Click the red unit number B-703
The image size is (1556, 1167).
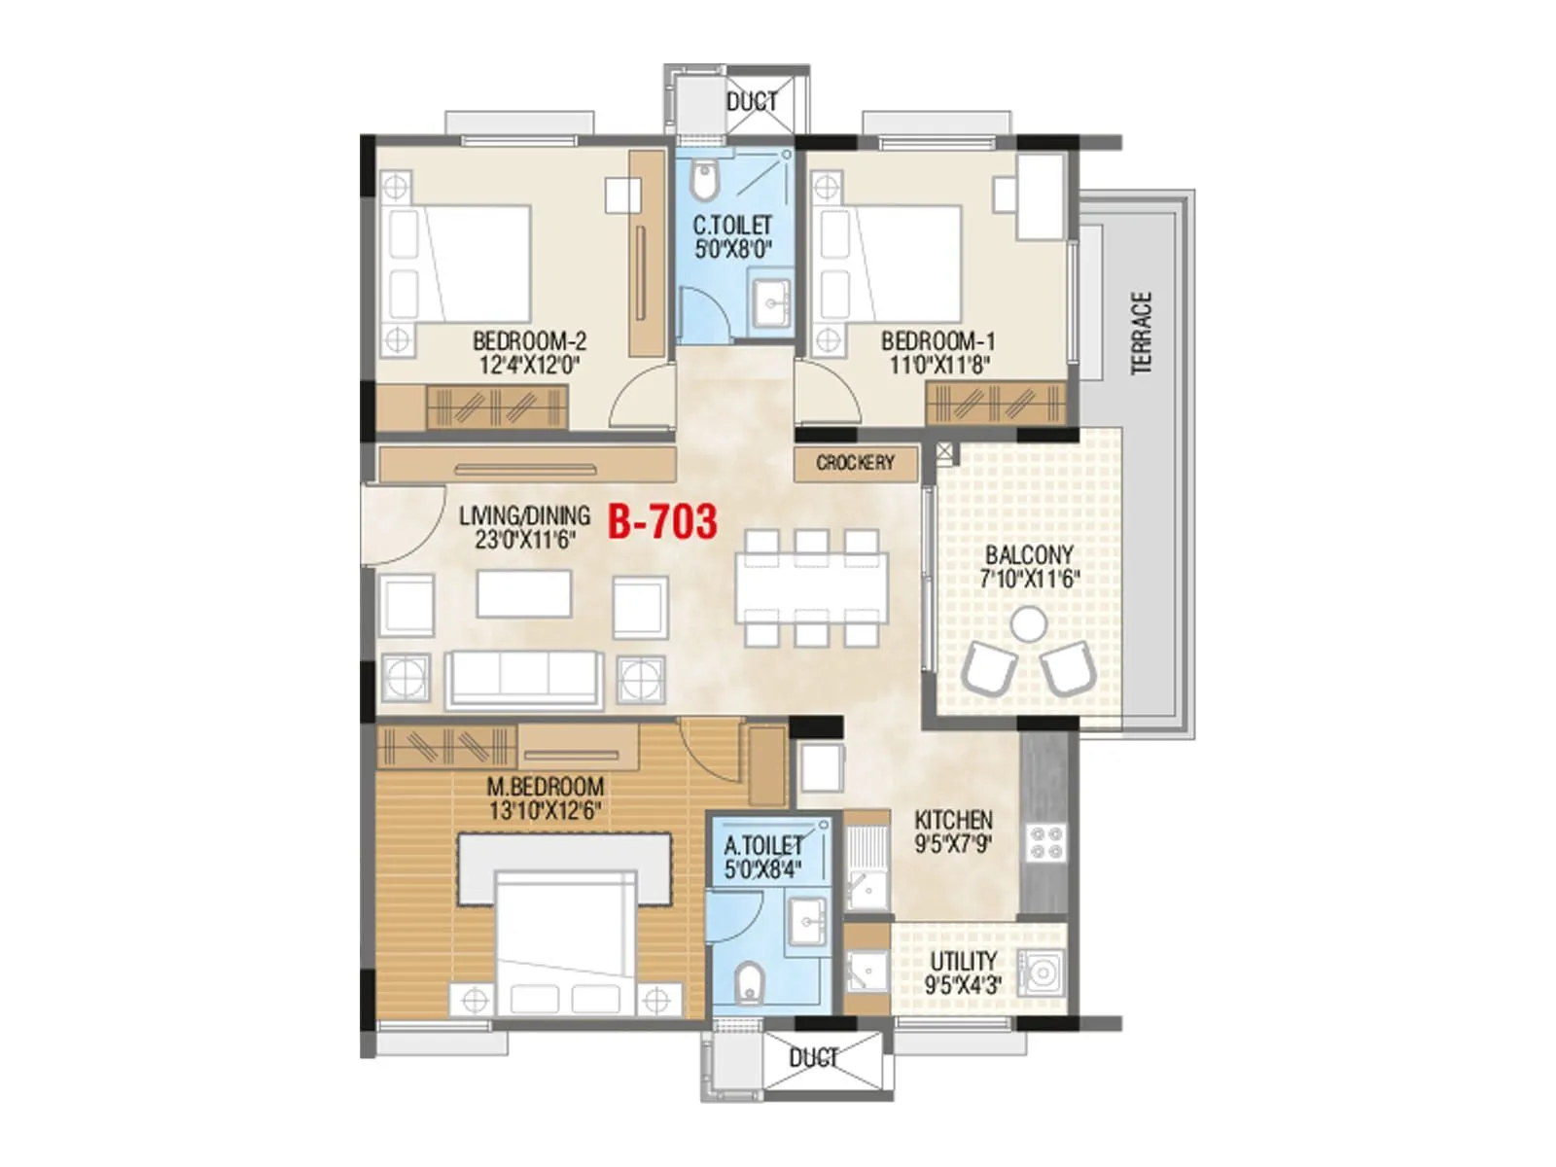(x=662, y=522)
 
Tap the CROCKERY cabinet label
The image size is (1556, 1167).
(x=855, y=463)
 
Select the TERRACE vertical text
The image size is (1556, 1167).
(x=1142, y=333)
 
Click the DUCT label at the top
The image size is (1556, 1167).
(x=752, y=101)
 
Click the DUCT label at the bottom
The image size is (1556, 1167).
(x=813, y=1057)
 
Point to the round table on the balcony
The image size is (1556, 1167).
(x=1028, y=624)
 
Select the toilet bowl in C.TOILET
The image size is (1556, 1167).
(x=703, y=180)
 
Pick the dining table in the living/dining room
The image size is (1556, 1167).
(x=811, y=588)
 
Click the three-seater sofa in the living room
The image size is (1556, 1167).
(x=523, y=677)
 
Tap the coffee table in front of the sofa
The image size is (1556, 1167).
(x=523, y=593)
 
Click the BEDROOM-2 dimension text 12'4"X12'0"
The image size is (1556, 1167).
(x=529, y=366)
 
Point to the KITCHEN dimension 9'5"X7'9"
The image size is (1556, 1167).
(x=953, y=844)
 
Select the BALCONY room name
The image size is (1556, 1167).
(x=1029, y=555)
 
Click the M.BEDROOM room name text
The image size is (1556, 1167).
(x=545, y=786)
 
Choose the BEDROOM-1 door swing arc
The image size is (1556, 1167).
(x=829, y=394)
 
